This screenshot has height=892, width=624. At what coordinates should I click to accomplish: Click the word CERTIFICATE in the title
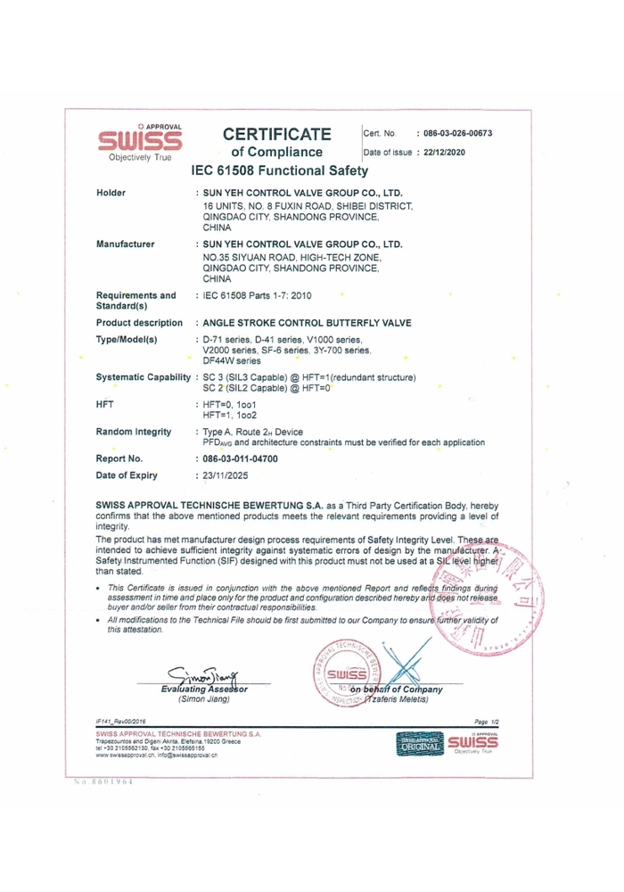pos(277,136)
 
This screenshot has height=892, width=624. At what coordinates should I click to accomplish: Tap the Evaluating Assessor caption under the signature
pos(204,689)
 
